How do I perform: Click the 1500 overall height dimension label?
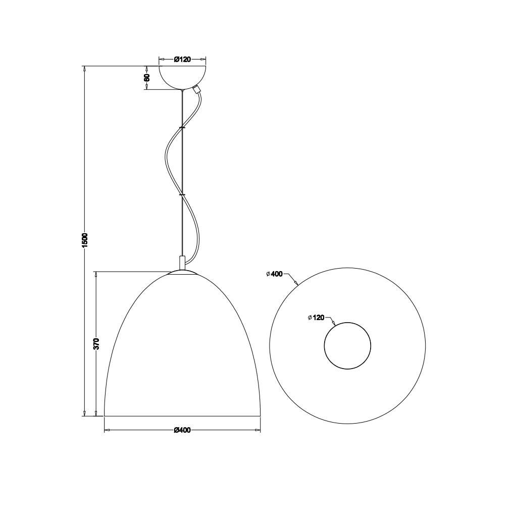85,240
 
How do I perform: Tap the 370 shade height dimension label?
96,343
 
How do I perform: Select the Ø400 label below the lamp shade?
182,430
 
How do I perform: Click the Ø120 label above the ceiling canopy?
182,60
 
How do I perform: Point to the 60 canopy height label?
147,77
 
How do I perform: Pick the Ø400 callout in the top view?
274,274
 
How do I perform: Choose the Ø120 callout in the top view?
316,318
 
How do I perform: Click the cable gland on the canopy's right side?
197,89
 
